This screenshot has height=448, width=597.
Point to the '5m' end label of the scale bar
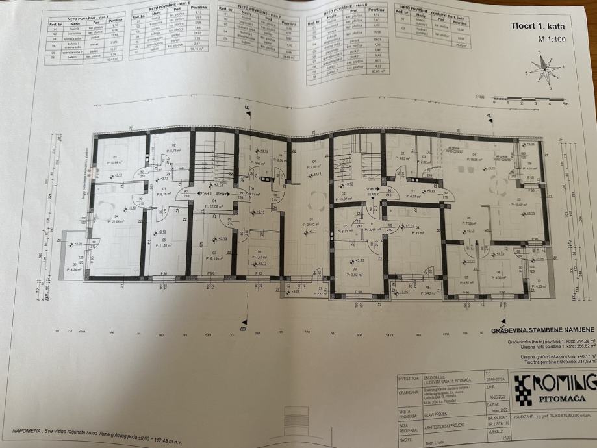click(x=565, y=103)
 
